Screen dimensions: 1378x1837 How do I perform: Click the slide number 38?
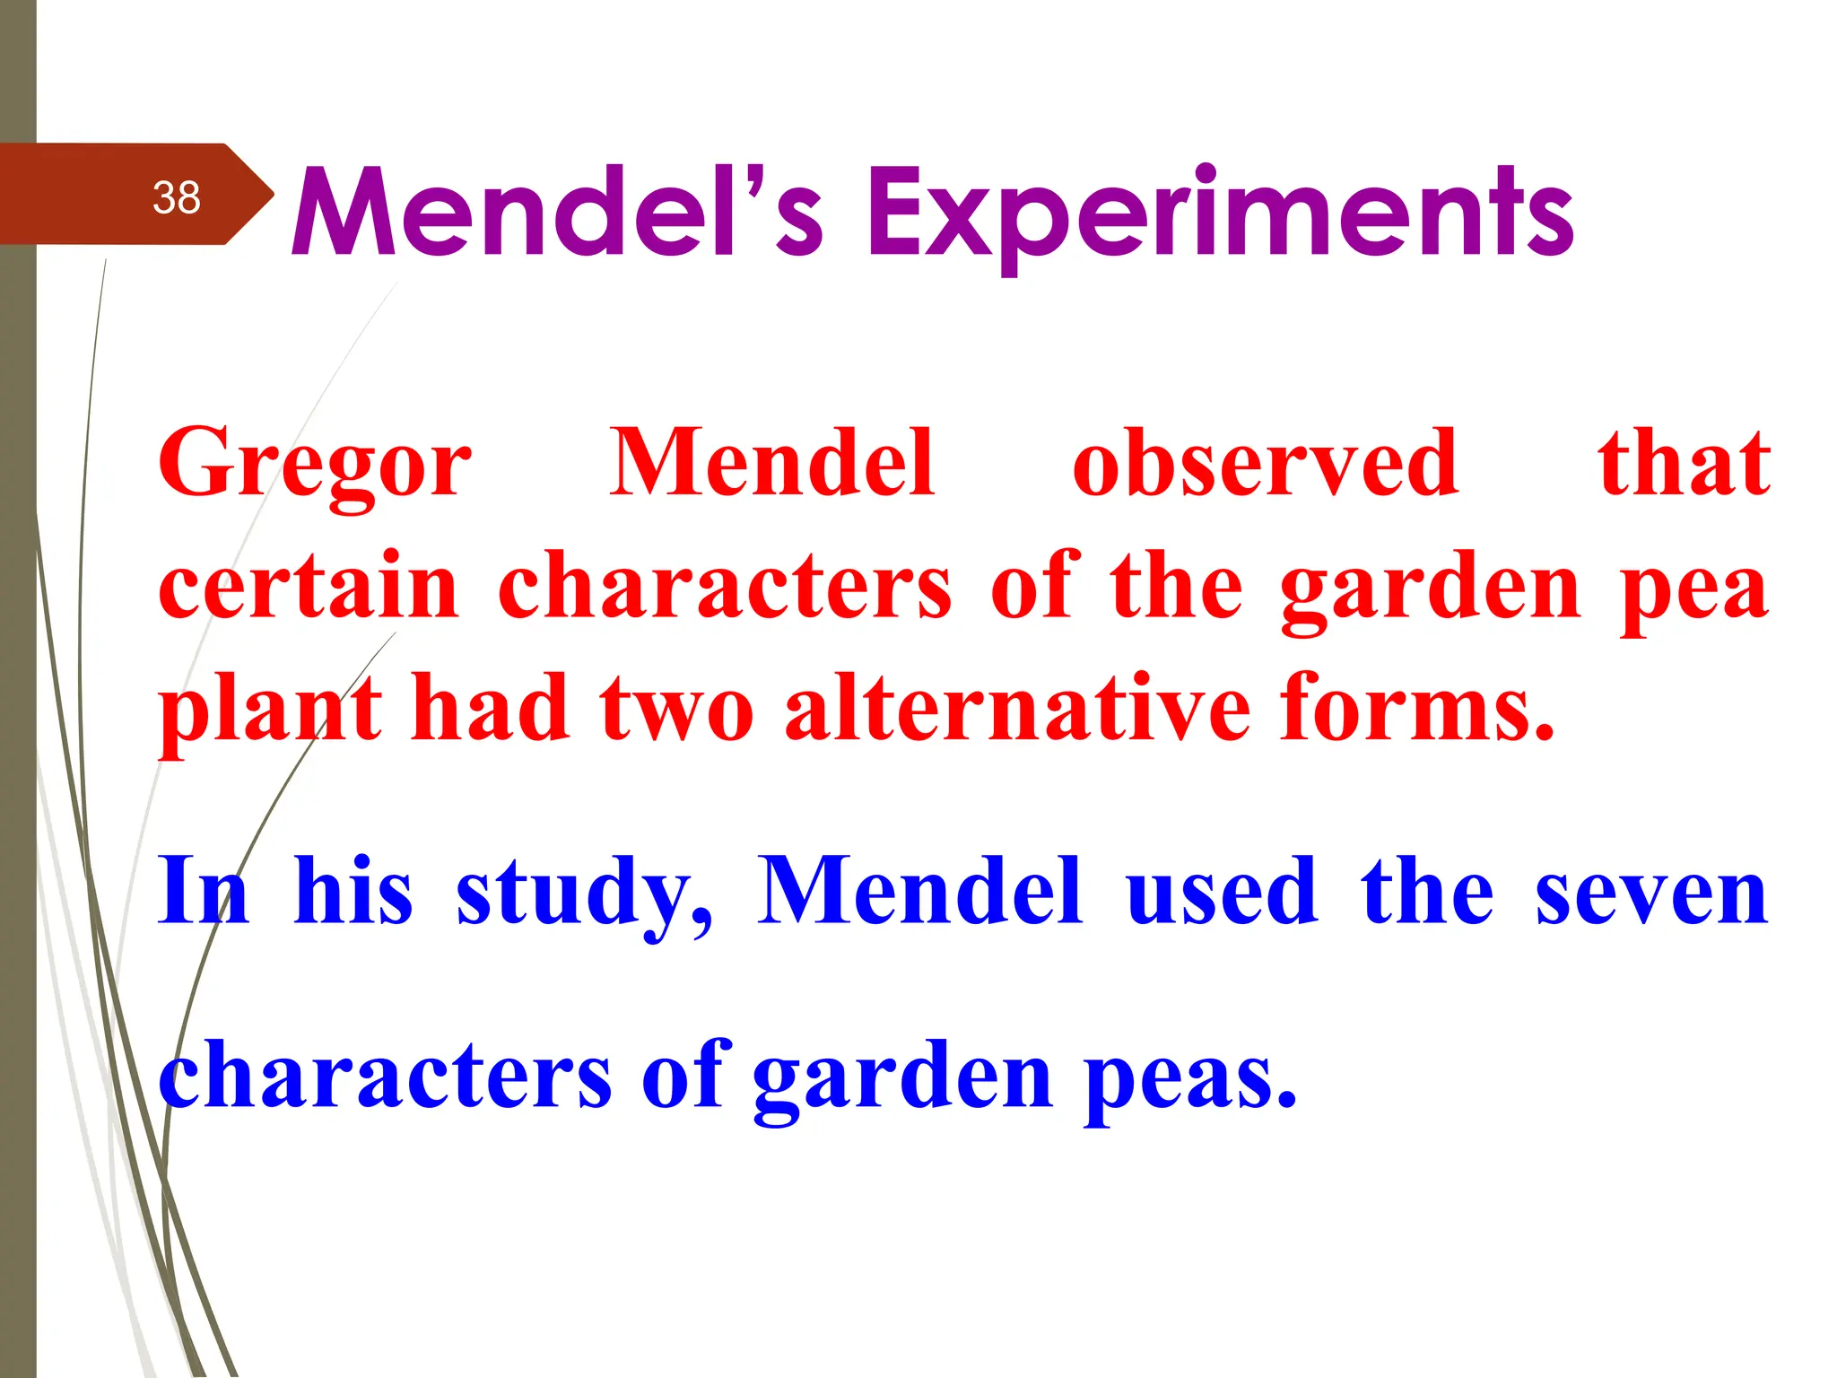[176, 197]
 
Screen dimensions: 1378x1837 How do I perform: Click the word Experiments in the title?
[1219, 214]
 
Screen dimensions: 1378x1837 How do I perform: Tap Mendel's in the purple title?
[556, 214]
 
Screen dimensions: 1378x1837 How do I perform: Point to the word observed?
[1265, 463]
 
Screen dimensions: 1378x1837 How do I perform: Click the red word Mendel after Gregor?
[772, 463]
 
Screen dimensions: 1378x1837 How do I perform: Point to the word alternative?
[1017, 709]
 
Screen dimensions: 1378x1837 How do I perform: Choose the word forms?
[1416, 709]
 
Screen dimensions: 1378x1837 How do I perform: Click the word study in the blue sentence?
[583, 894]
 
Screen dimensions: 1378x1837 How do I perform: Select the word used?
[1222, 892]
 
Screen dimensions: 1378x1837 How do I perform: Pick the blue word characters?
[386, 1075]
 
